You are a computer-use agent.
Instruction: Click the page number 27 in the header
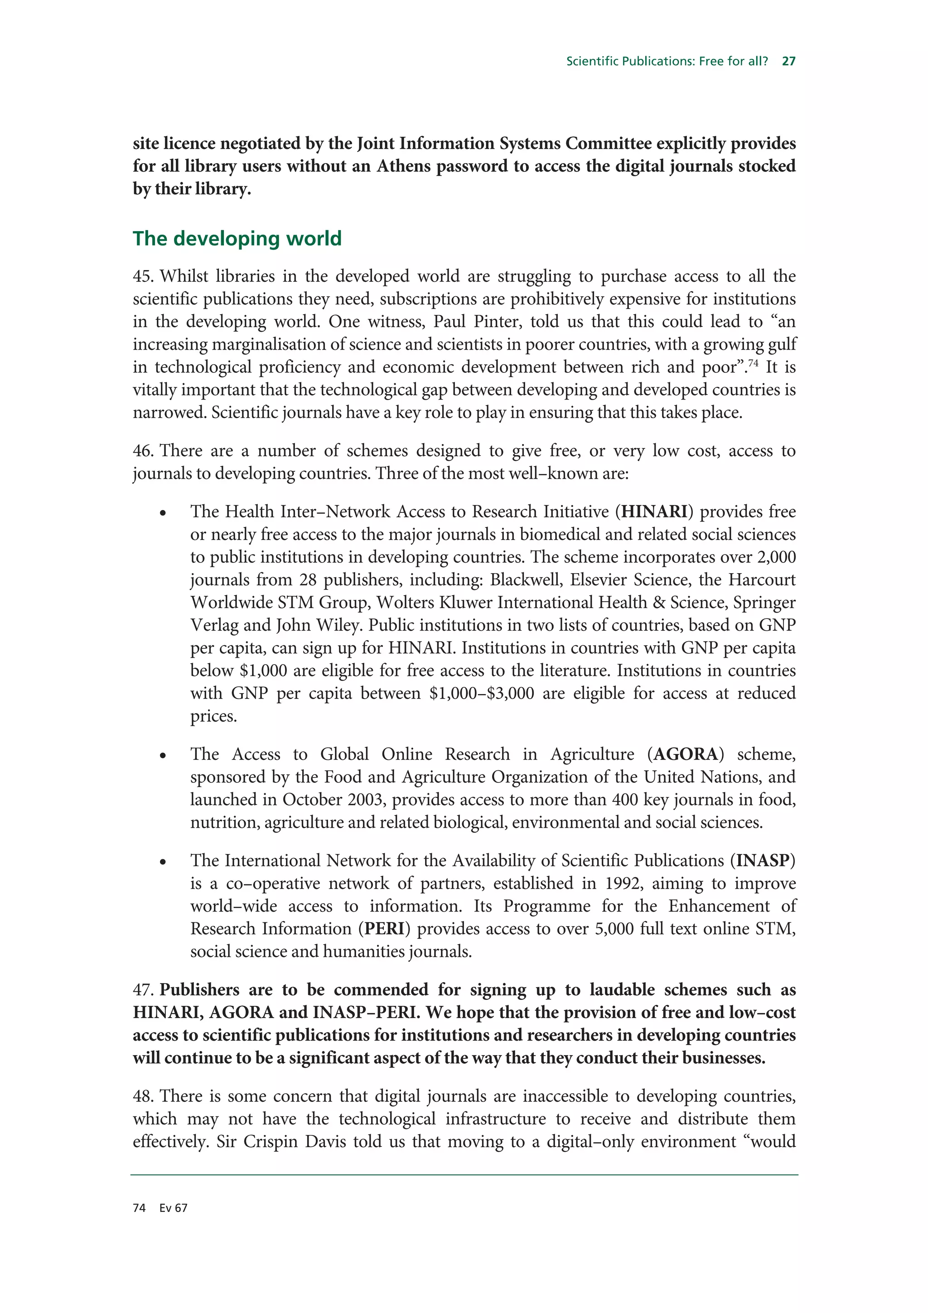tap(788, 61)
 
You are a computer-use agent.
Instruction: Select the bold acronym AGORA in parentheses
tap(685, 754)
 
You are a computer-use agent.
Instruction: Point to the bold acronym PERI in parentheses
tap(384, 928)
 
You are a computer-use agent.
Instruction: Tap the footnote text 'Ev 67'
tap(173, 1208)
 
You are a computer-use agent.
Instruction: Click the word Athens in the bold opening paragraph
tap(404, 166)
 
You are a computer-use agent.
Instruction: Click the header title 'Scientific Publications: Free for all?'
tap(667, 61)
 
